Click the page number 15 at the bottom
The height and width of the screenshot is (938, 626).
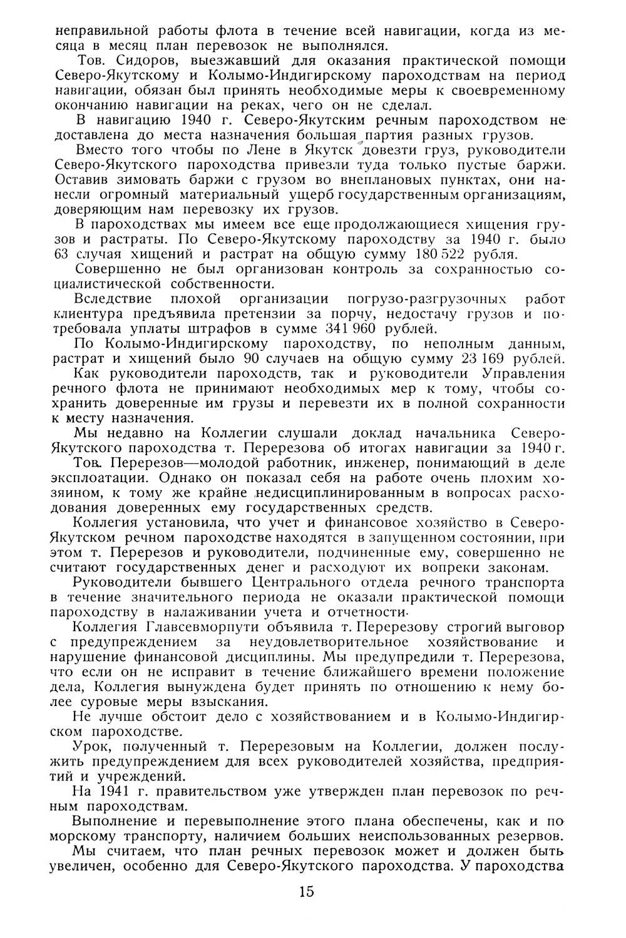[306, 891]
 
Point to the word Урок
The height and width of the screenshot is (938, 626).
[87, 747]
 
